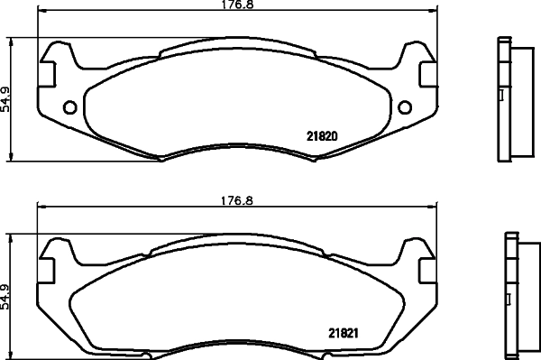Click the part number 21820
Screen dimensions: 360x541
click(x=322, y=136)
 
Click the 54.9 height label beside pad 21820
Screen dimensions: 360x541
click(x=6, y=99)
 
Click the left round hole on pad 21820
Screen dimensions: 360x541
click(x=70, y=109)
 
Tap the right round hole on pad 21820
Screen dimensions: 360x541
click(x=404, y=109)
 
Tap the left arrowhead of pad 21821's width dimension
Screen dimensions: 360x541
click(x=39, y=207)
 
